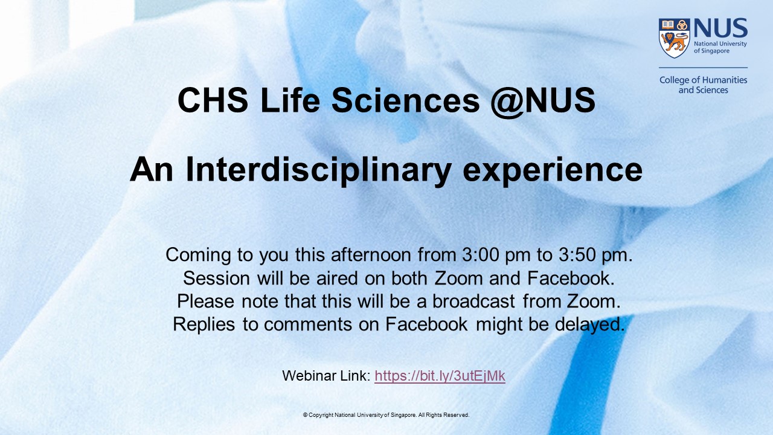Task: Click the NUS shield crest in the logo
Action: point(674,37)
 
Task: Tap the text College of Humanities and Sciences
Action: point(703,85)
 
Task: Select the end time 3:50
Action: point(578,255)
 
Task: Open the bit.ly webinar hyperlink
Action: point(440,376)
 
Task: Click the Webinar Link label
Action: point(326,376)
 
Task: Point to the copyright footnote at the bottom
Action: point(386,415)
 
